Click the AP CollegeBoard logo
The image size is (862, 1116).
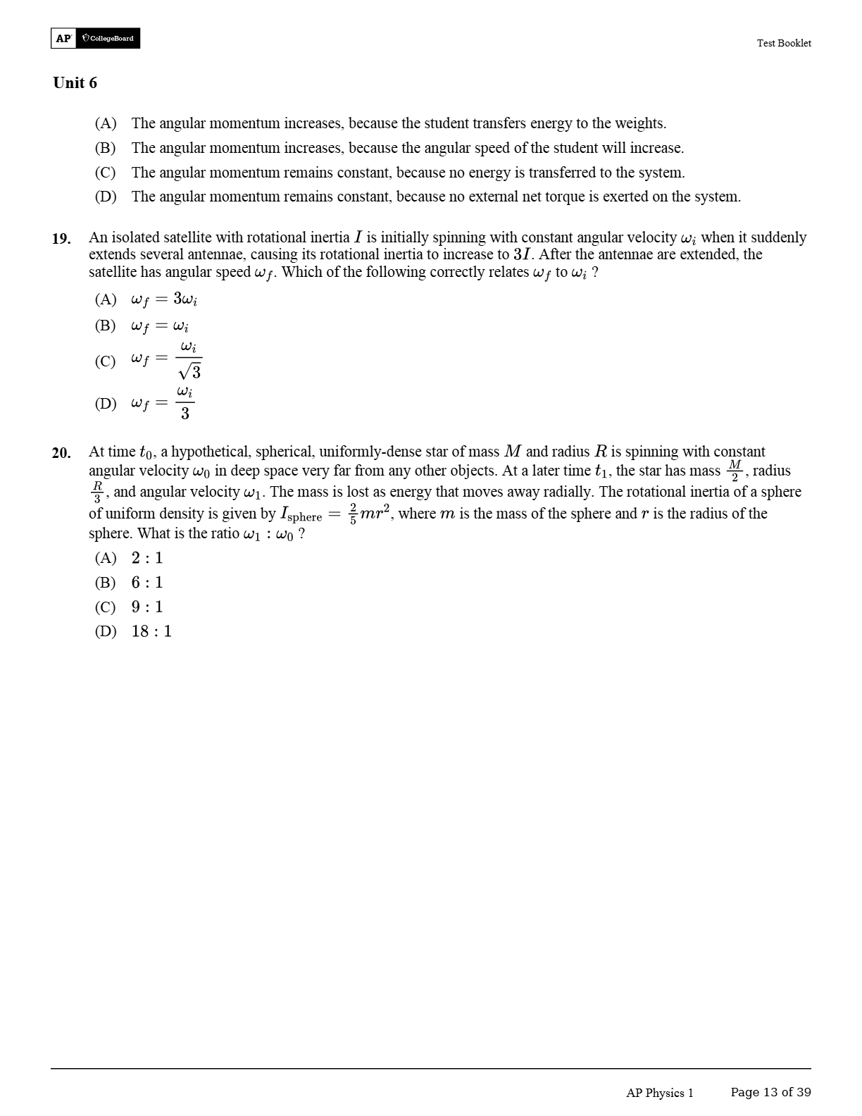pos(95,38)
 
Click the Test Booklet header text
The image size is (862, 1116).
pos(783,43)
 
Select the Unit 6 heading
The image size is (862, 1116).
pos(75,83)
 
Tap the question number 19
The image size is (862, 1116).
pos(61,239)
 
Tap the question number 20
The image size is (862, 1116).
pos(61,453)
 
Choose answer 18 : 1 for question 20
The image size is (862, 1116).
pos(151,631)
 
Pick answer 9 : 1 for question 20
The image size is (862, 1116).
pos(146,607)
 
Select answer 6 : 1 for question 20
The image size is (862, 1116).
pos(146,583)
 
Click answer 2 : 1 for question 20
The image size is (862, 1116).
pos(146,558)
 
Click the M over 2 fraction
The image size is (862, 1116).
pos(735,471)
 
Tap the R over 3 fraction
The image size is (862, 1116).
pos(97,492)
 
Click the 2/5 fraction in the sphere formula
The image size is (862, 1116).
pos(353,514)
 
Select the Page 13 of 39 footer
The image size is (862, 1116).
pos(770,1092)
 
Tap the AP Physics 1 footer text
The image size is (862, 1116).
pos(659,1093)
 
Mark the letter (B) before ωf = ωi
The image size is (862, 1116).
pos(105,325)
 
